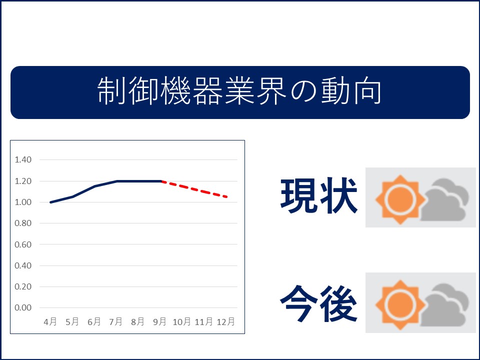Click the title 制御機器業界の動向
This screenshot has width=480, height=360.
[239, 91]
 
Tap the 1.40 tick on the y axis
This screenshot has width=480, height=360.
[23, 159]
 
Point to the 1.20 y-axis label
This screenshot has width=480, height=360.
[23, 181]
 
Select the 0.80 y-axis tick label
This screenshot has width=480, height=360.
[23, 223]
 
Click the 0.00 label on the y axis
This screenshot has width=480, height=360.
[23, 307]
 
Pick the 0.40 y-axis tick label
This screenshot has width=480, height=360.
[23, 265]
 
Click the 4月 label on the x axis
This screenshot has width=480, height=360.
[50, 321]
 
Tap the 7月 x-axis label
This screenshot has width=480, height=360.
[115, 321]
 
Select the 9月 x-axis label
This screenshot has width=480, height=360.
[159, 321]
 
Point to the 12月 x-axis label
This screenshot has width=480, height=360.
[225, 321]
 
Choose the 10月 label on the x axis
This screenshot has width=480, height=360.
[181, 321]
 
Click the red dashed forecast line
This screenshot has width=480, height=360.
[194, 189]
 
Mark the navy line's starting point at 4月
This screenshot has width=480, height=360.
[50, 202]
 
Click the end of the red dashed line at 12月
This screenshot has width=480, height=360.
[227, 197]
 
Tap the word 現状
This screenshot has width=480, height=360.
[318, 195]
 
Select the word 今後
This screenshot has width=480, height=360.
[318, 303]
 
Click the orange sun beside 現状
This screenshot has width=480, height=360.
[400, 199]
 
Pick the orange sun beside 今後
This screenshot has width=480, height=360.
[400, 304]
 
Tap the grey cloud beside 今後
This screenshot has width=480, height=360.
[444, 305]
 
